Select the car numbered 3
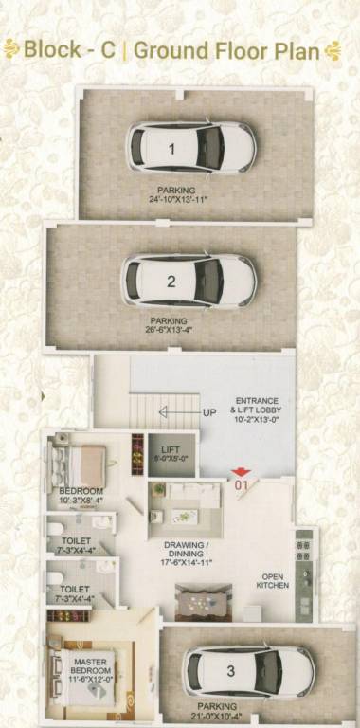[248, 671]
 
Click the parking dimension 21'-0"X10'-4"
[225, 718]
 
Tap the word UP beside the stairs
[209, 412]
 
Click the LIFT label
[171, 450]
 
